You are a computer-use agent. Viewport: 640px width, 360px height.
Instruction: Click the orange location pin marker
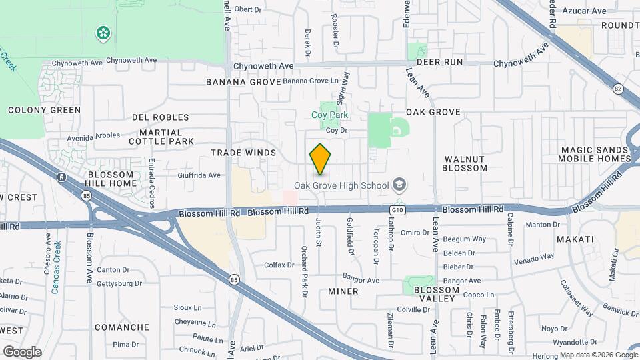[x=321, y=159]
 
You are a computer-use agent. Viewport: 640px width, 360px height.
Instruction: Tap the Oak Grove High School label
[x=342, y=185]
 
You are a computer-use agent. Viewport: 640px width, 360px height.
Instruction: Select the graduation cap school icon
[x=399, y=184]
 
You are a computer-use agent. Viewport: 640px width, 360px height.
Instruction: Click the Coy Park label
[x=330, y=115]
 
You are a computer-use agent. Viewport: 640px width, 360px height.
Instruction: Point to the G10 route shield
[x=397, y=209]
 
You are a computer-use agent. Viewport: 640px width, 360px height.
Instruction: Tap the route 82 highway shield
[x=617, y=88]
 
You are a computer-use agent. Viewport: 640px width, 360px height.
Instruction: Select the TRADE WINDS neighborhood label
[x=243, y=153]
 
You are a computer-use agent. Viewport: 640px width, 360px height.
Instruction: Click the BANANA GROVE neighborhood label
[x=241, y=82]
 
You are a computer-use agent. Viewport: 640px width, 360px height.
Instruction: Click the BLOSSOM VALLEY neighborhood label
[x=437, y=295]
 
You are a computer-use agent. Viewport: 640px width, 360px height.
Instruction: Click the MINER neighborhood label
[x=343, y=291]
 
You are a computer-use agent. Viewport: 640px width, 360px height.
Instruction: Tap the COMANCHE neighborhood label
[x=121, y=327]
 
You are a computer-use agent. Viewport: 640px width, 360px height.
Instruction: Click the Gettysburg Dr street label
[x=119, y=283]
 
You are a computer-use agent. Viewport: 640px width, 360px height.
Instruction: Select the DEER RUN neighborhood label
[x=439, y=61]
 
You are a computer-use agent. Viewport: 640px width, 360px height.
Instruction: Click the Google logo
[x=22, y=352]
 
